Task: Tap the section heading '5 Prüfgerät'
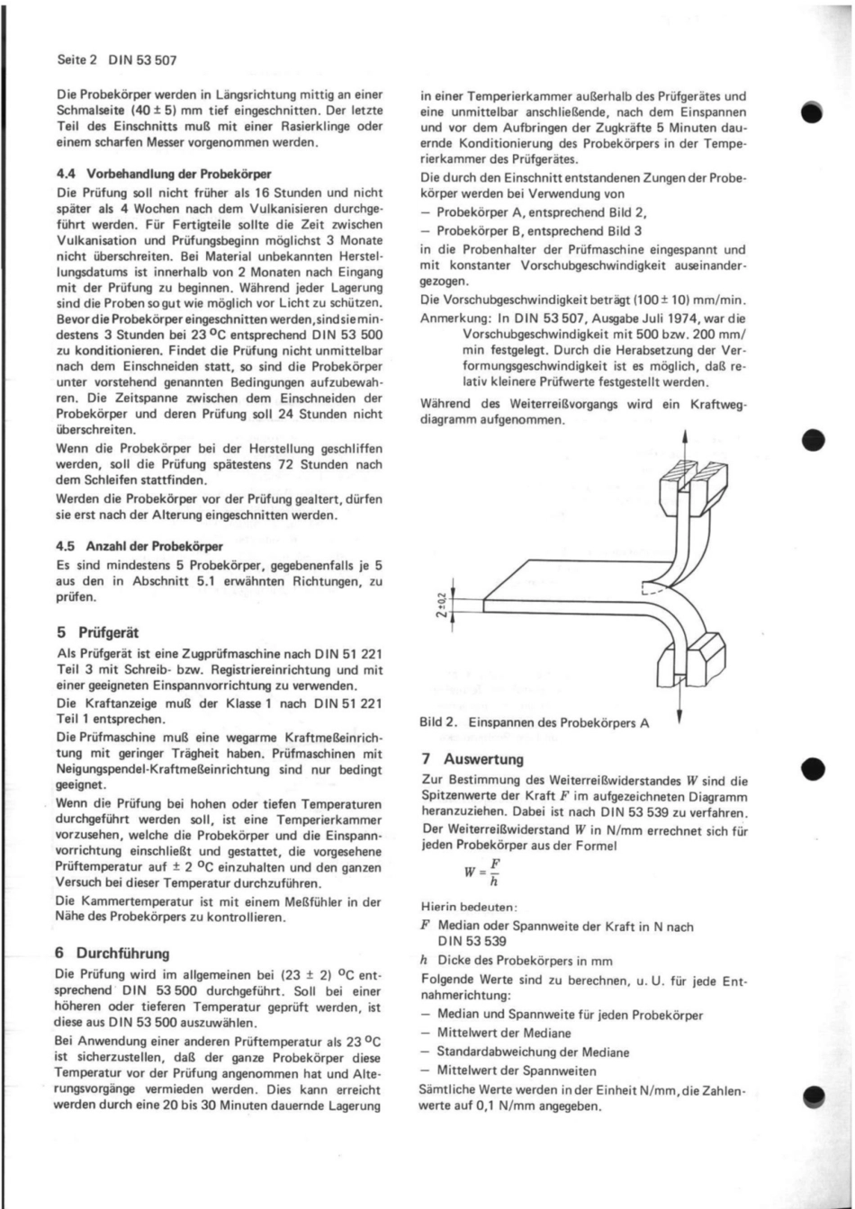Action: point(98,632)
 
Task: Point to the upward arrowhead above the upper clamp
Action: point(686,439)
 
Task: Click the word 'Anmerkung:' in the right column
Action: point(455,317)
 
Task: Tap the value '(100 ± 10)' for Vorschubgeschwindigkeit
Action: point(645,299)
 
